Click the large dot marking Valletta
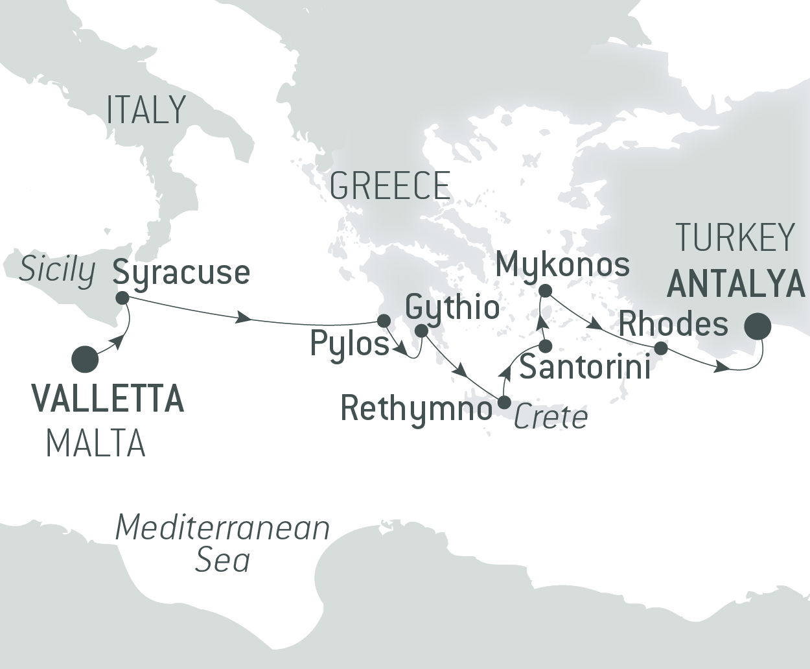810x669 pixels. point(86,360)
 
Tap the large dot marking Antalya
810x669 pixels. point(757,327)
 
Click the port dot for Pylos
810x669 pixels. point(383,320)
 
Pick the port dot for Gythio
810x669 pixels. point(421,331)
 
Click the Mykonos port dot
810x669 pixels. point(546,290)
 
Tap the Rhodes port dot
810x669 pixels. point(660,348)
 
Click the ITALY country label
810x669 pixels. point(146,110)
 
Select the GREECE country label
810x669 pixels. point(389,186)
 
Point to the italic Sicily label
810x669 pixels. point(57,270)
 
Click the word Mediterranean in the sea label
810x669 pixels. point(222,528)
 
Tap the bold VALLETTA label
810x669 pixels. point(108,399)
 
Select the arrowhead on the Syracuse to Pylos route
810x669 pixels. point(244,318)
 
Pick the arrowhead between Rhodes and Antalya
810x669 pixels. point(721,368)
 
